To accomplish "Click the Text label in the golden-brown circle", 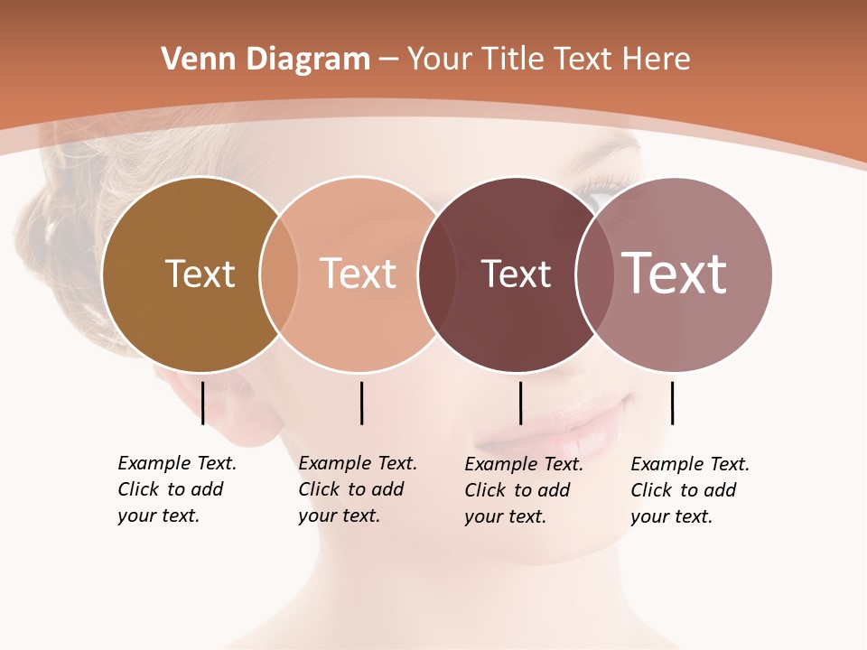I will (x=200, y=274).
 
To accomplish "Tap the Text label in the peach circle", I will (x=358, y=274).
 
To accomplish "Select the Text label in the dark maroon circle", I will (x=516, y=274).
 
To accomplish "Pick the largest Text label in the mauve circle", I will (x=674, y=274).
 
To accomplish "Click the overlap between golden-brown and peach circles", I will (x=279, y=274).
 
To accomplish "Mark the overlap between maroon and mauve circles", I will (x=592, y=274).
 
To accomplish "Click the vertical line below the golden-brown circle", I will (x=203, y=403).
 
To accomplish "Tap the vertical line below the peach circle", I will (x=361, y=403).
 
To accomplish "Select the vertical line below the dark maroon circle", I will (x=521, y=403).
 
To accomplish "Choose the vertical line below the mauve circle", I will (x=673, y=403).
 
